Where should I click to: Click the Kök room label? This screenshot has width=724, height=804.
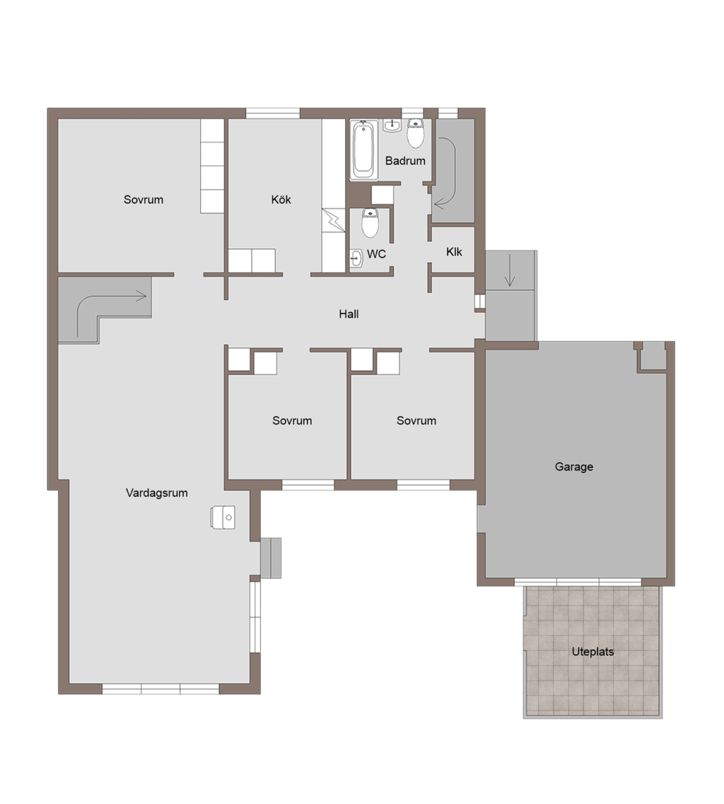pyautogui.click(x=281, y=200)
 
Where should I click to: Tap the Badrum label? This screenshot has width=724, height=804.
pyautogui.click(x=405, y=161)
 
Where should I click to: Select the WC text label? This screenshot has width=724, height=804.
pyautogui.click(x=377, y=254)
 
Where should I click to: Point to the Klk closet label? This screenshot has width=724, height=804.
pyautogui.click(x=454, y=252)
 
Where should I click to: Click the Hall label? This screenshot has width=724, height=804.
pyautogui.click(x=349, y=314)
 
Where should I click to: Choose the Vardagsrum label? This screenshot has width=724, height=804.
pyautogui.click(x=157, y=493)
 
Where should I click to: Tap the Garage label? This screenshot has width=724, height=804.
pyautogui.click(x=574, y=466)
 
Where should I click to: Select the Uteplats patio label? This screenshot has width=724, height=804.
pyautogui.click(x=592, y=652)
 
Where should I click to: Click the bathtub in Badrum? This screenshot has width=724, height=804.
pyautogui.click(x=364, y=150)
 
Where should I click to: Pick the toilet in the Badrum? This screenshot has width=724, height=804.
pyautogui.click(x=416, y=133)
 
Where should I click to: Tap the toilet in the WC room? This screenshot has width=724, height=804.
pyautogui.click(x=370, y=222)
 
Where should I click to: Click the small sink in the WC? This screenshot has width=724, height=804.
pyautogui.click(x=356, y=258)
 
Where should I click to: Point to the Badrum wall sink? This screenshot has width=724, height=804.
pyautogui.click(x=392, y=126)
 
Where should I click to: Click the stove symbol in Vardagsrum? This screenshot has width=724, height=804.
pyautogui.click(x=223, y=517)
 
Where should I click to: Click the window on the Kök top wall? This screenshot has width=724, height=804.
pyautogui.click(x=273, y=113)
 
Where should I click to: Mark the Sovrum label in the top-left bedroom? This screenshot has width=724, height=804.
pyautogui.click(x=144, y=200)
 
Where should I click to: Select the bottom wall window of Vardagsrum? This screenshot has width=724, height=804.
pyautogui.click(x=161, y=689)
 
